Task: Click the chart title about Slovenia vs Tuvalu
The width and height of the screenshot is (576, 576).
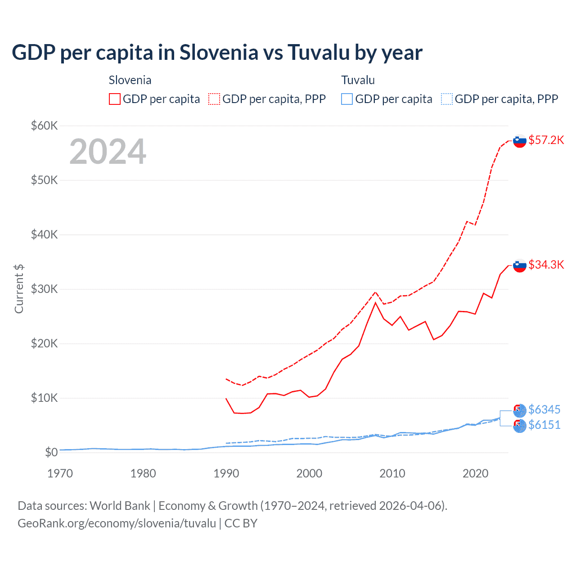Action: coord(217,52)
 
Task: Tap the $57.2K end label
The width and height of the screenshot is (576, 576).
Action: coord(546,140)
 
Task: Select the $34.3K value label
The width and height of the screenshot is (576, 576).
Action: coord(546,265)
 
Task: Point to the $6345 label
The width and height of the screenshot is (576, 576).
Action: coord(544,409)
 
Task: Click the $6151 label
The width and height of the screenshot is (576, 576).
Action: coord(544,425)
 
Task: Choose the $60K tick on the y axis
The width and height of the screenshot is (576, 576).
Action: coord(44,126)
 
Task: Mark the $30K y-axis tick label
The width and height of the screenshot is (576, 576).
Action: coord(44,289)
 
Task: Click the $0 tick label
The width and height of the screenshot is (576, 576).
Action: coord(51,452)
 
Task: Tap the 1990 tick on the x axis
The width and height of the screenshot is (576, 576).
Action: coord(226,473)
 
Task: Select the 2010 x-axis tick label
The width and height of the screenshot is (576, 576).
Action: coord(392,473)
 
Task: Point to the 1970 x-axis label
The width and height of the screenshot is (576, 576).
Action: coord(60,473)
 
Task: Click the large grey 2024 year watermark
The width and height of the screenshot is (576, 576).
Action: coord(108,152)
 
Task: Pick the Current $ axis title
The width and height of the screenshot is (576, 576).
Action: coord(19,289)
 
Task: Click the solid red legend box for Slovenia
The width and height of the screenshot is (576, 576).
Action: coord(115,99)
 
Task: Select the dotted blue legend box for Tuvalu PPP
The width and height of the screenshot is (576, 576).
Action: coord(447,99)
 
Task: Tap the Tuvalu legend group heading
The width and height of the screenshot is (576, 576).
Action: coord(358,80)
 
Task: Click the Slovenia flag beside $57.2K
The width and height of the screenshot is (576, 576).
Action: coord(520,141)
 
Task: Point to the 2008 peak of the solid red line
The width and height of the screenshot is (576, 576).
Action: coord(375,302)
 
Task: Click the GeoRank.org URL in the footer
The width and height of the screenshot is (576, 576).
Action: coord(117,523)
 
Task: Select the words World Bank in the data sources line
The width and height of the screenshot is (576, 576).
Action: coord(120,506)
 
